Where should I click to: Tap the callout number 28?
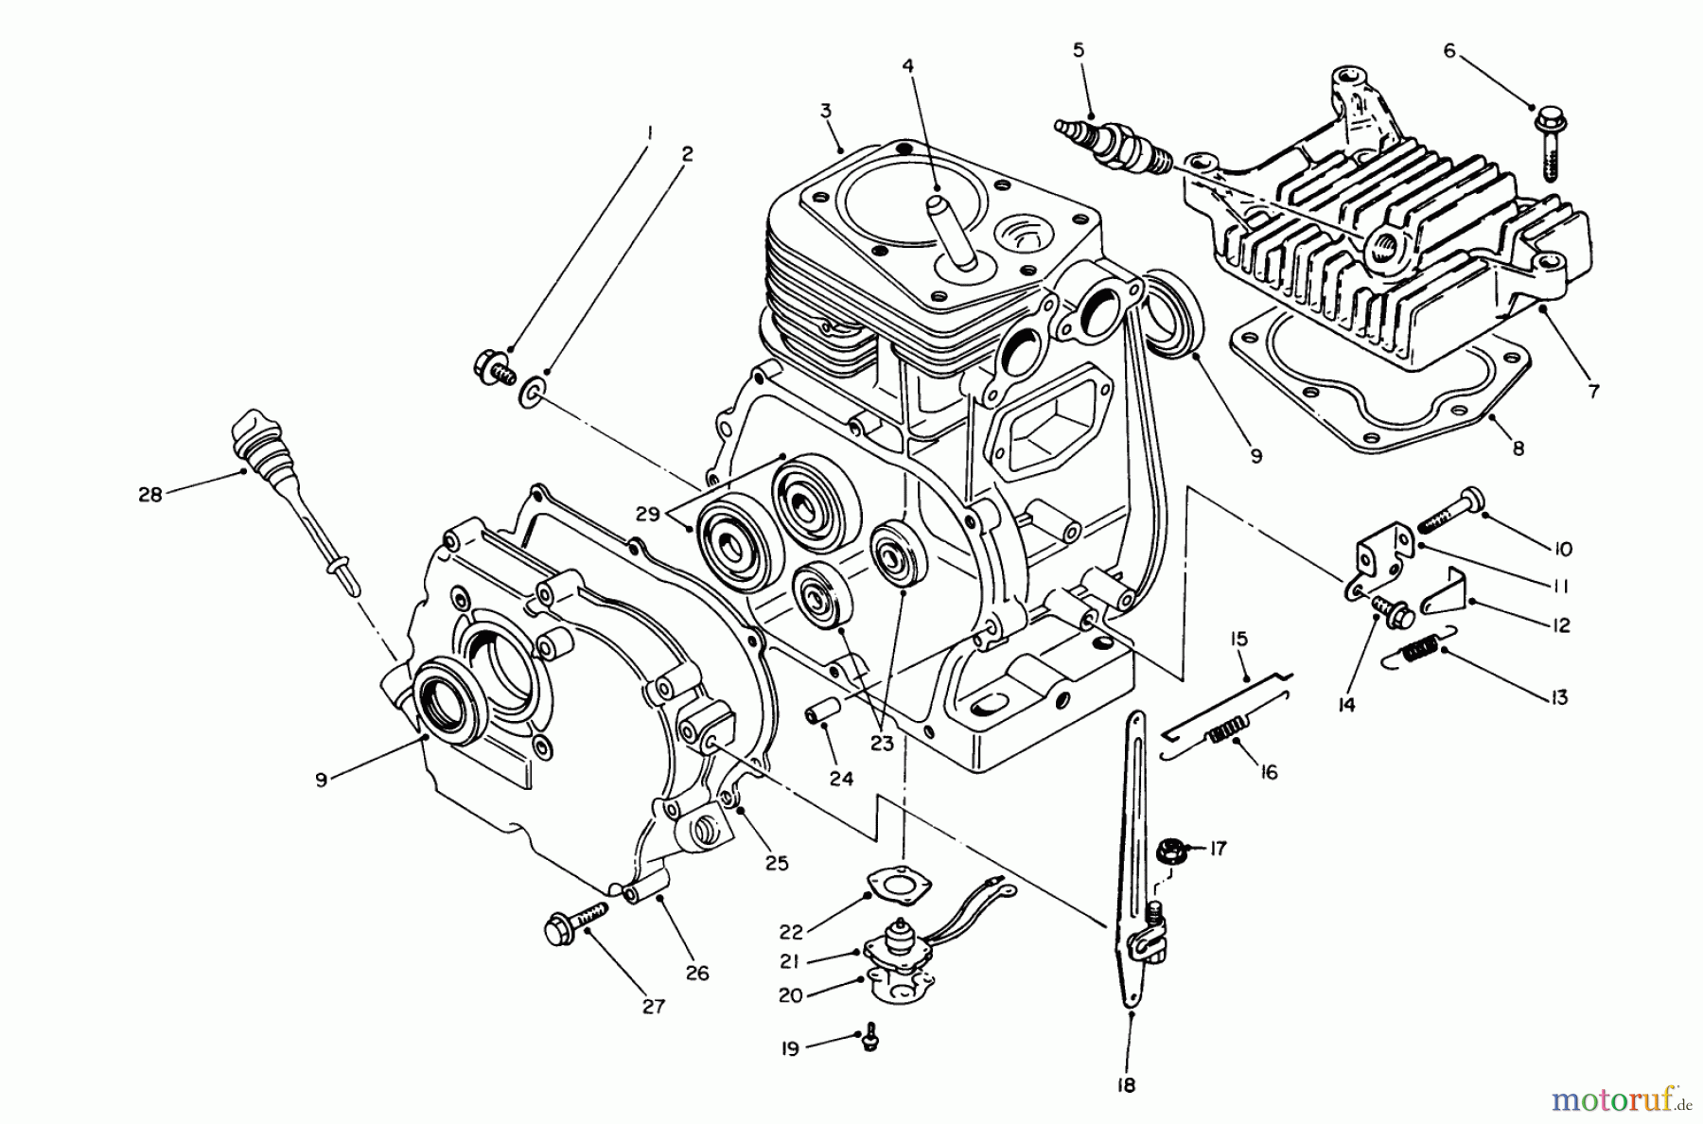click(149, 494)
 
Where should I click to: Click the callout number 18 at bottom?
click(1125, 1085)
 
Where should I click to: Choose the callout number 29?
click(647, 514)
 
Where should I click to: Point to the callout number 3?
click(825, 111)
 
